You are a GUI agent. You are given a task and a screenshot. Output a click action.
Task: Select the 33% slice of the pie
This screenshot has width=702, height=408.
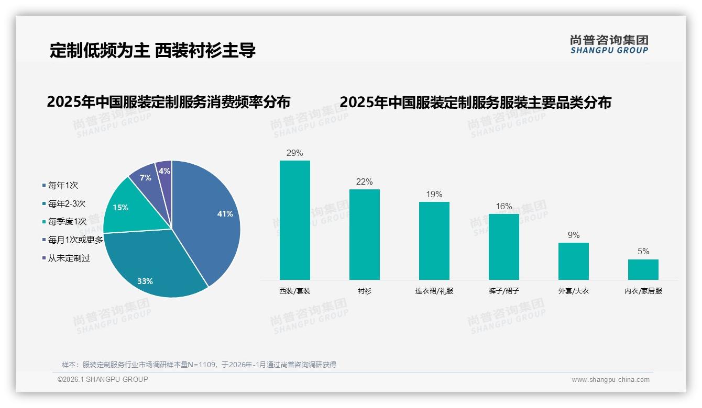[x=152, y=267]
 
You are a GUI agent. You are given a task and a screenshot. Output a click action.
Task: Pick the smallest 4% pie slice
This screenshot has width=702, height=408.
[x=164, y=171]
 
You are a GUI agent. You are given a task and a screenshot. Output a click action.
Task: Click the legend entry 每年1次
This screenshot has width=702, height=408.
[x=63, y=186]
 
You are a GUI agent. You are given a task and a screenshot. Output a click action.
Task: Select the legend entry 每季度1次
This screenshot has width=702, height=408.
[x=67, y=222]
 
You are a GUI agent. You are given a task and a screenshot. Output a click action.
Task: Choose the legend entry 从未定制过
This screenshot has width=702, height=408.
[x=69, y=258]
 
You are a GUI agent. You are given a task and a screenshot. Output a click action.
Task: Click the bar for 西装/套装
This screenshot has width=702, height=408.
[x=295, y=220]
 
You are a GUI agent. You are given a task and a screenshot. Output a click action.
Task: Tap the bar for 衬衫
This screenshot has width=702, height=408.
[x=365, y=234]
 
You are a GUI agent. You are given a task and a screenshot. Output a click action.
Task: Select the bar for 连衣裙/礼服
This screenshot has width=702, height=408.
[x=434, y=241]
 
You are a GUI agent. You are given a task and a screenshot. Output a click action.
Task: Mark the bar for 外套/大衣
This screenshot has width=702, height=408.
[x=574, y=261]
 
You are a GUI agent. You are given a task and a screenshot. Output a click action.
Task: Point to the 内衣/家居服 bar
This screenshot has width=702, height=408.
[x=643, y=269]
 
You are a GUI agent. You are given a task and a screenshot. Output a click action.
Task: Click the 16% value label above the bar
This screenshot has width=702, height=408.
[x=504, y=207]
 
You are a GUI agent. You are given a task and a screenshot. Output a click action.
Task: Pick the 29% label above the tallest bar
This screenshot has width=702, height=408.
[x=295, y=153]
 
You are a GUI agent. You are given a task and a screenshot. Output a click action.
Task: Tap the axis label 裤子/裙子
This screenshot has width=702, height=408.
[x=504, y=291]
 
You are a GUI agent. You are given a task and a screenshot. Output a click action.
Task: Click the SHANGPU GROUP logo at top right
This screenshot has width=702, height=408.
[x=609, y=44]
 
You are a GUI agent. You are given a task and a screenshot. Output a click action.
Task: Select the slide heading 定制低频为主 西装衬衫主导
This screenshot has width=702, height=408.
[x=152, y=51]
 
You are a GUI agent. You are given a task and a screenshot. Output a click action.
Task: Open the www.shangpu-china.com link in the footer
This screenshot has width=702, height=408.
[x=610, y=380]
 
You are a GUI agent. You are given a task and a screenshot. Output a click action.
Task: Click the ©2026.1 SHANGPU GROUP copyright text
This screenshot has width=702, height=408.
[x=103, y=379]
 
